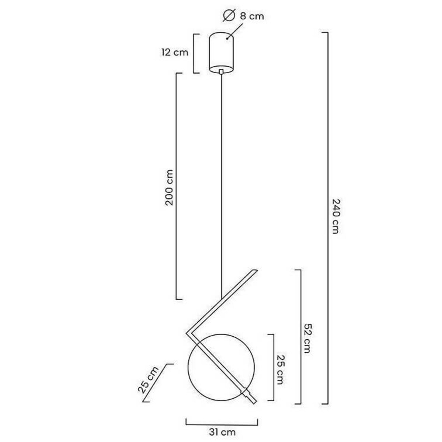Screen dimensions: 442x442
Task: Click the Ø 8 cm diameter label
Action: (x=243, y=16)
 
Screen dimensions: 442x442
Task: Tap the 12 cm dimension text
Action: (x=175, y=52)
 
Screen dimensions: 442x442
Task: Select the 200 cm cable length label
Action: (x=169, y=188)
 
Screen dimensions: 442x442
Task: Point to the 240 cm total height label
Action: (x=335, y=216)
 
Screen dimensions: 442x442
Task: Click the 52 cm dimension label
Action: (x=307, y=338)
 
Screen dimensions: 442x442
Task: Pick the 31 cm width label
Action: (x=222, y=432)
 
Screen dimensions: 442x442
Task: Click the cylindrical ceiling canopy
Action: (x=221, y=53)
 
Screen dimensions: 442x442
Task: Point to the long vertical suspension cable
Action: (x=221, y=184)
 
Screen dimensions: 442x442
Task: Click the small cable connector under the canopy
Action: (x=221, y=71)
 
